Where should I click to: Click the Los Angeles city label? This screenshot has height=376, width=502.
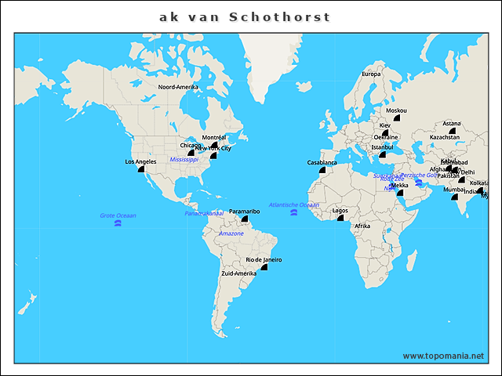(x=140, y=162)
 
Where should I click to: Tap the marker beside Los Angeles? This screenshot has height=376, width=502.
(x=142, y=168)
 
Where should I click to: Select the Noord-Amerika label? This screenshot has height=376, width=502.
(x=178, y=87)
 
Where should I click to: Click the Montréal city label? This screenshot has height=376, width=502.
(x=214, y=137)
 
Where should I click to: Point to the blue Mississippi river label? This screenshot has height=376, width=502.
(x=184, y=159)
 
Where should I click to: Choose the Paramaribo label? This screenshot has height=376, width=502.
(x=244, y=211)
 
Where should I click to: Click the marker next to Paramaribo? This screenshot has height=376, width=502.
(x=245, y=219)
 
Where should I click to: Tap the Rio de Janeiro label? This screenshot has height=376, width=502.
(x=264, y=259)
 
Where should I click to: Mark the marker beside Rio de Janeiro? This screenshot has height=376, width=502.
(x=264, y=267)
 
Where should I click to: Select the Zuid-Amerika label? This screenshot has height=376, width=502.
(x=239, y=273)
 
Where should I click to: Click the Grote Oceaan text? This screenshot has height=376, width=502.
(x=118, y=215)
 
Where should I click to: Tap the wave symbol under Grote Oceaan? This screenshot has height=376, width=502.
(x=118, y=224)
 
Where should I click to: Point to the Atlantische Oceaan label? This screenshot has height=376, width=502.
(x=294, y=204)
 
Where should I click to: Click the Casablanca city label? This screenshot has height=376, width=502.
(x=322, y=162)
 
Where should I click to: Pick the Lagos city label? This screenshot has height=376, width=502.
(x=340, y=210)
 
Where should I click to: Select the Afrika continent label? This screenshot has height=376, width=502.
(x=362, y=226)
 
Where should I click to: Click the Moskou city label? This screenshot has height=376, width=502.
(x=397, y=110)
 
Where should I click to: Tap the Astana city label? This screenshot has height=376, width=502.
(x=451, y=123)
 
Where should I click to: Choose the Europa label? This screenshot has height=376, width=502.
(x=371, y=74)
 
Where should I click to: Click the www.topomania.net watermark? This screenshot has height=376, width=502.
(x=443, y=356)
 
